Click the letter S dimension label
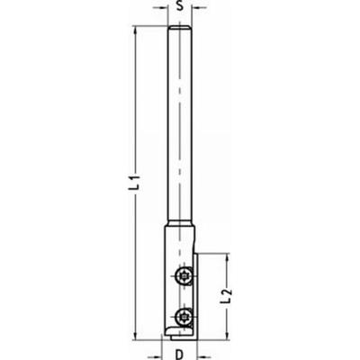(180, 7)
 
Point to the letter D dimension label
(181, 353)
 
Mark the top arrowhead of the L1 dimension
(135, 32)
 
